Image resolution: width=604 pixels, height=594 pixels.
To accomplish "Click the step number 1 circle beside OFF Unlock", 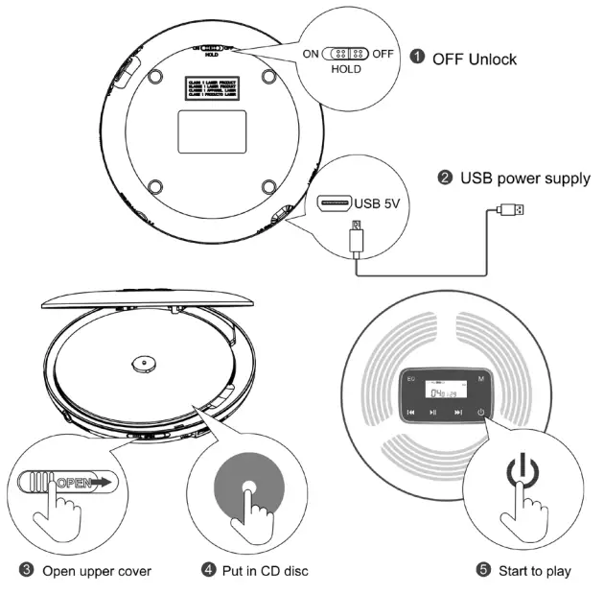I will point(417,57).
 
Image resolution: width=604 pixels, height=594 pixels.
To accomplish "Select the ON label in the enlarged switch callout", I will point(311,55).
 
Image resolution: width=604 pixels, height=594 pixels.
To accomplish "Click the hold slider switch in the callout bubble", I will point(344,55).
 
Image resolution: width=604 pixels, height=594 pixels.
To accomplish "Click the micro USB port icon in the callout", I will point(335,203).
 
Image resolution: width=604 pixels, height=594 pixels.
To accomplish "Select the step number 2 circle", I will point(445,178).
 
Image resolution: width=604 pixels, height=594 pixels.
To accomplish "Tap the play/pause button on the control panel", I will point(433,412).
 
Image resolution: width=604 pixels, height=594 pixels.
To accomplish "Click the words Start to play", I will point(534,570).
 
